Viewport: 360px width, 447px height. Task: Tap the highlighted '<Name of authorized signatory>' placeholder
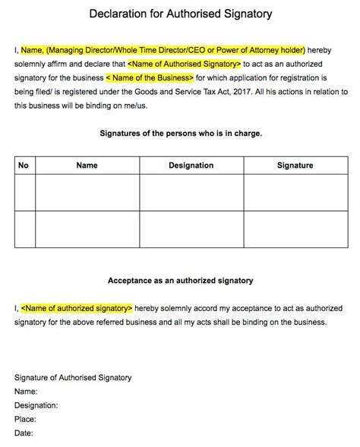coord(77,308)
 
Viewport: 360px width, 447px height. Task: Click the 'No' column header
coord(24,165)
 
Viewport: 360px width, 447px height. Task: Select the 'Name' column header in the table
coord(87,165)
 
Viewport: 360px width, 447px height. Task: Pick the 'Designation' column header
coord(191,165)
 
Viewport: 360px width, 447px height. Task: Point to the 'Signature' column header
coord(295,165)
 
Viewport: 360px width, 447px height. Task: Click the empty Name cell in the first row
coord(87,192)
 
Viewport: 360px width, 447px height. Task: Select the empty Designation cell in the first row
coord(191,192)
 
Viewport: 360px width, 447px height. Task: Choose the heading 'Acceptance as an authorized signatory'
coord(181,281)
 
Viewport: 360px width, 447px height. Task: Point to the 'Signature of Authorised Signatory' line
coord(73,378)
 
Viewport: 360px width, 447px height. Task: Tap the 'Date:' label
coord(24,433)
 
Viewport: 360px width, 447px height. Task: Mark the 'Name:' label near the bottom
coord(27,392)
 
